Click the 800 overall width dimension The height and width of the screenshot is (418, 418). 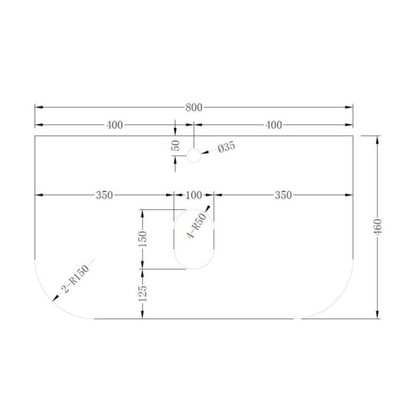click(194, 107)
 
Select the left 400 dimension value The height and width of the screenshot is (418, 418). click(114, 125)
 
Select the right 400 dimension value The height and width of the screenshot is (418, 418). click(273, 125)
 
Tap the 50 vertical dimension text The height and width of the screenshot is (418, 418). click(176, 146)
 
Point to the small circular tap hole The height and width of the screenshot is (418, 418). click(194, 156)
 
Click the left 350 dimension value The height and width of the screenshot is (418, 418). click(105, 195)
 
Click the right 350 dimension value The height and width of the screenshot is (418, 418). click(283, 195)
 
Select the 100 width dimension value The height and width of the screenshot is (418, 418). click(194, 195)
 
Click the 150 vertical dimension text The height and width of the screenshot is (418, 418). click(143, 239)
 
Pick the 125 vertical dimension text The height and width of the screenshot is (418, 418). click(143, 293)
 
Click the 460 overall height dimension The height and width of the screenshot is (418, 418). click(377, 227)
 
